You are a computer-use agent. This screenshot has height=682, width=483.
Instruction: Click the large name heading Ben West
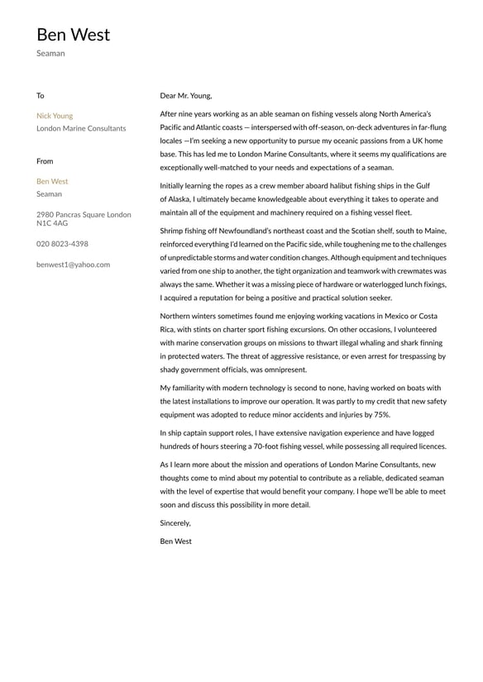(73, 35)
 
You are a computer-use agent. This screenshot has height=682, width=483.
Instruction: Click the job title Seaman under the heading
(50, 54)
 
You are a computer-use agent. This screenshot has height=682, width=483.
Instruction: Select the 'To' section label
(41, 96)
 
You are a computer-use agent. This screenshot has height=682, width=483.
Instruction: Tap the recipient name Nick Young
(55, 116)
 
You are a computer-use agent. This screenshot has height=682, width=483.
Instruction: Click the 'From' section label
(45, 161)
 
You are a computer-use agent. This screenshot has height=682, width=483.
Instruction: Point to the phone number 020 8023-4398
(62, 244)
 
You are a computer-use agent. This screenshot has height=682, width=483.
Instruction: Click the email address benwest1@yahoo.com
(73, 265)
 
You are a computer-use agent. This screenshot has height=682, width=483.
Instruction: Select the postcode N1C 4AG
(52, 223)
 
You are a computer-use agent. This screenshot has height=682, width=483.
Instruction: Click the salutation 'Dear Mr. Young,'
(186, 96)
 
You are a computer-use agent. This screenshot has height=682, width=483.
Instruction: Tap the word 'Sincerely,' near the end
(175, 522)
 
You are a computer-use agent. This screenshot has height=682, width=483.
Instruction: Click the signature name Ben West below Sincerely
(175, 541)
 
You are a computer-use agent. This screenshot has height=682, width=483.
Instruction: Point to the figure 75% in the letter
(381, 414)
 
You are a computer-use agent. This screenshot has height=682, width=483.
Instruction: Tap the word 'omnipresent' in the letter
(282, 370)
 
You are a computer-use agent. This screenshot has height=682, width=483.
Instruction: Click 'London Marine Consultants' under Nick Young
(81, 128)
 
